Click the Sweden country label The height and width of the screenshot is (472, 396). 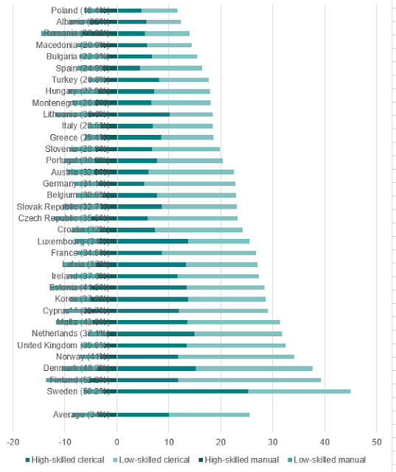(78, 391)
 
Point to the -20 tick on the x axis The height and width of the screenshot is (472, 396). (13, 442)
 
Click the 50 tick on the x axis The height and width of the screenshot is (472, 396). (376, 442)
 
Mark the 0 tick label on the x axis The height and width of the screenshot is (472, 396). (117, 442)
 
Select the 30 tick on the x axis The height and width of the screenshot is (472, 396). (272, 442)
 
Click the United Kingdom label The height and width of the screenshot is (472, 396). (63, 345)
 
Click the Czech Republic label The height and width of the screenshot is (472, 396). (67, 218)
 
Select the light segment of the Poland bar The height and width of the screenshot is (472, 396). (159, 10)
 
